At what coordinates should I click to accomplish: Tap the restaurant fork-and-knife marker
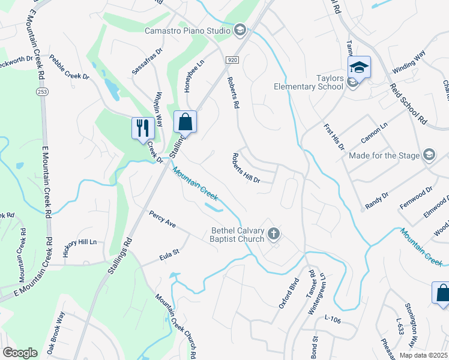click(x=142, y=128)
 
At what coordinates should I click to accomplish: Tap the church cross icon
click(x=274, y=234)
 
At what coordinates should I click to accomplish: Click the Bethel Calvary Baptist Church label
click(x=238, y=235)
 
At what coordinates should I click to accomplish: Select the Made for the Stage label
click(x=385, y=155)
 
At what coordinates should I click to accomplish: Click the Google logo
click(x=20, y=353)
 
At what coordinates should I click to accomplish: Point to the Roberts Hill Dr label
click(x=246, y=168)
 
